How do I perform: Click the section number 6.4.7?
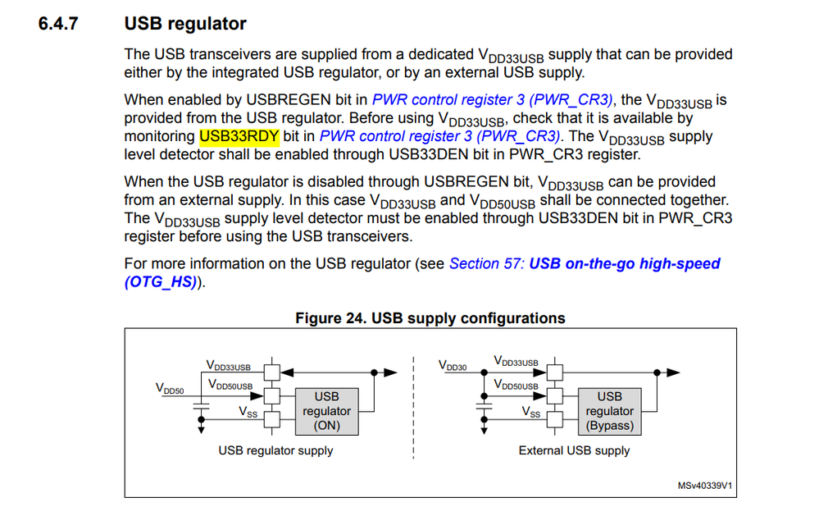(x=58, y=24)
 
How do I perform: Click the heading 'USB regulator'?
(x=185, y=24)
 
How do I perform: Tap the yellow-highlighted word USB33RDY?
(x=239, y=136)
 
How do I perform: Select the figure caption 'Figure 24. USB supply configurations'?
(x=430, y=318)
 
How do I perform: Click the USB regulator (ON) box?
(x=327, y=411)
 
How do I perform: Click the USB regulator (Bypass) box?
(x=609, y=411)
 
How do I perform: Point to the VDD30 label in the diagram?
(x=453, y=366)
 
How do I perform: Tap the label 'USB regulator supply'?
(x=275, y=450)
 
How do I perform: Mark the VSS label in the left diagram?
(x=248, y=413)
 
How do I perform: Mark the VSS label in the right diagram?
(x=531, y=413)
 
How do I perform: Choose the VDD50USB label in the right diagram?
(x=516, y=384)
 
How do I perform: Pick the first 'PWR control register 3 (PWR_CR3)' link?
(x=492, y=100)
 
